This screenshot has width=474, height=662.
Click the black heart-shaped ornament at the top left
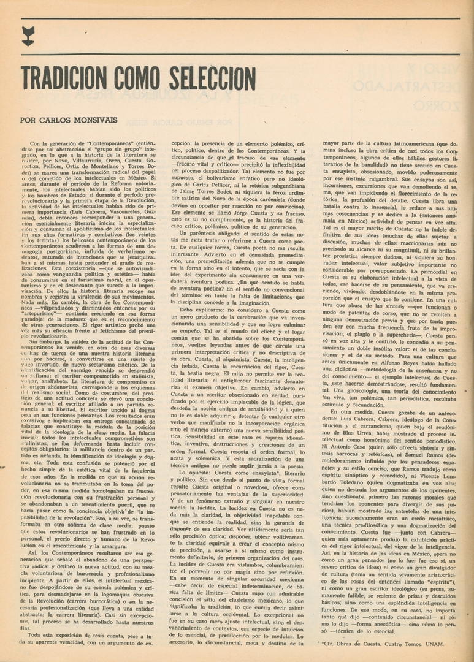pyautogui.click(x=28, y=36)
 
